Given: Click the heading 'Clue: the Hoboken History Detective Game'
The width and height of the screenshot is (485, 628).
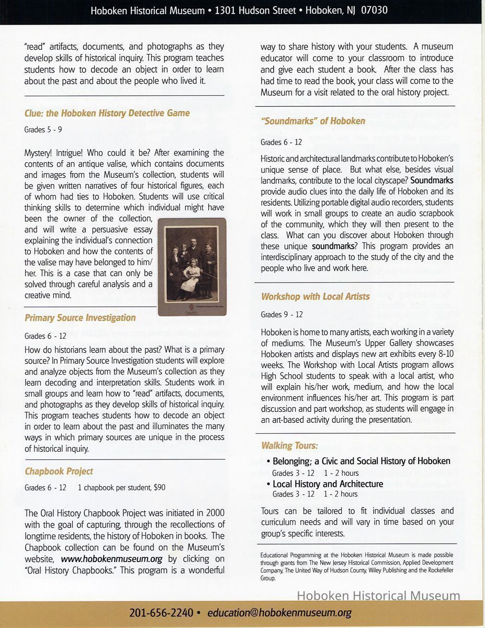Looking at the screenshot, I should pyautogui.click(x=107, y=113).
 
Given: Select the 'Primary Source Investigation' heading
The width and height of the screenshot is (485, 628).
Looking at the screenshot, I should pyautogui.click(x=80, y=318).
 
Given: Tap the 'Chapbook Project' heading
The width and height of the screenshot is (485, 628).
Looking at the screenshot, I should pyautogui.click(x=59, y=472).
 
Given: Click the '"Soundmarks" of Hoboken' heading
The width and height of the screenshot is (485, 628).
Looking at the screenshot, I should pyautogui.click(x=313, y=121).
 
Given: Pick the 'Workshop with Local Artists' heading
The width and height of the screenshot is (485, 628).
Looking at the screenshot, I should pyautogui.click(x=315, y=297).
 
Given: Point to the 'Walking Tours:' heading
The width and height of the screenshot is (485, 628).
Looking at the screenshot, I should pyautogui.click(x=289, y=446).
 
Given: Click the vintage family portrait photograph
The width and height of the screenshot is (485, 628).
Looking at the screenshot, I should pyautogui.click(x=192, y=267).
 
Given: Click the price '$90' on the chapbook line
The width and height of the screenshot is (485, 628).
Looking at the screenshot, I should pyautogui.click(x=160, y=488).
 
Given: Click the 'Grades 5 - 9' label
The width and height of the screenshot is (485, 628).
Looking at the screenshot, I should pyautogui.click(x=43, y=129).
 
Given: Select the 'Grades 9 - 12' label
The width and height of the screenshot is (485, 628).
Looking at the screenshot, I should pyautogui.click(x=281, y=315).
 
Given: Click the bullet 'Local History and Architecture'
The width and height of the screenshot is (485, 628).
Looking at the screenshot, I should pyautogui.click(x=328, y=484).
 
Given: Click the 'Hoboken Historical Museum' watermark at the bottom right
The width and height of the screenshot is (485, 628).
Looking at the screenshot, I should pyautogui.click(x=378, y=596).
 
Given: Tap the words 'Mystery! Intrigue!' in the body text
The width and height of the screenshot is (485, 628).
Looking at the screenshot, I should pyautogui.click(x=58, y=153).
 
